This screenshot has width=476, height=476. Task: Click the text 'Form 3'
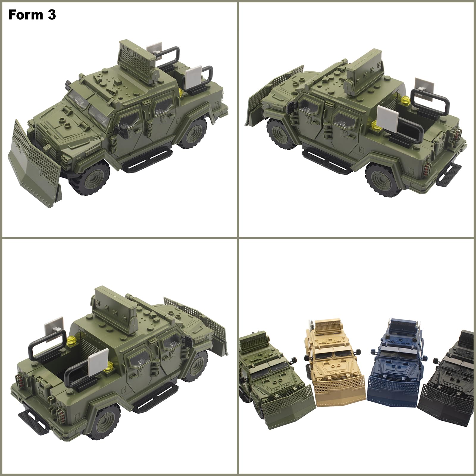[32, 15]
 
